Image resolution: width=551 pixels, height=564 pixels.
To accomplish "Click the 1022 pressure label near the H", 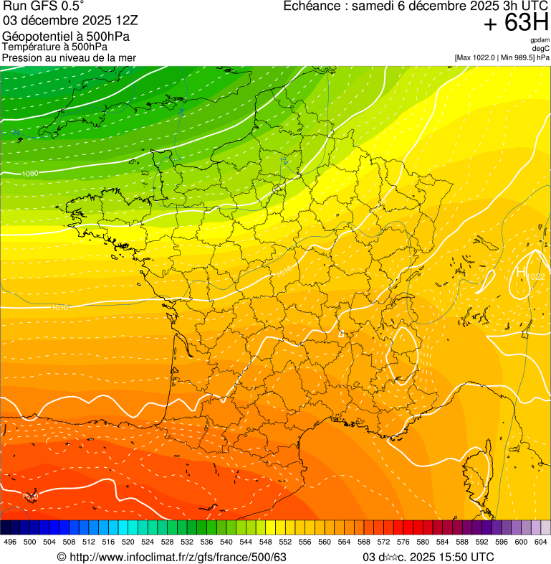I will coord(536,276).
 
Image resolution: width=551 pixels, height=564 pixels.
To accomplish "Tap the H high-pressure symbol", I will coord(522,273).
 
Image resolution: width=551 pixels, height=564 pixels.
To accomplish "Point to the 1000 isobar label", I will coord(30,174).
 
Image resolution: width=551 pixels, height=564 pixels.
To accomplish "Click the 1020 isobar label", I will coord(30,497).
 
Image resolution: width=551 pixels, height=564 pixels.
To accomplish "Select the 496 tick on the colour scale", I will coord(10,542).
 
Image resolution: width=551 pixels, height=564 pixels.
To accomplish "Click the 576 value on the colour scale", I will coord(404,542).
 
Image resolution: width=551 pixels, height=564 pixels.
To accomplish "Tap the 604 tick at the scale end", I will coord(541,542).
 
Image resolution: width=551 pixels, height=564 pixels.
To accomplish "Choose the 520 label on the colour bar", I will coord(128,542).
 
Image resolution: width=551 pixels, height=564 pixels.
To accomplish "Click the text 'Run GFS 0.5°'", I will coord(44,6).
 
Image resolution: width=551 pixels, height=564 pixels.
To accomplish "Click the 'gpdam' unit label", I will coord(540,40).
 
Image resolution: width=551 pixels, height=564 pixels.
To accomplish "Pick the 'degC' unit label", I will coord(541,49).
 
